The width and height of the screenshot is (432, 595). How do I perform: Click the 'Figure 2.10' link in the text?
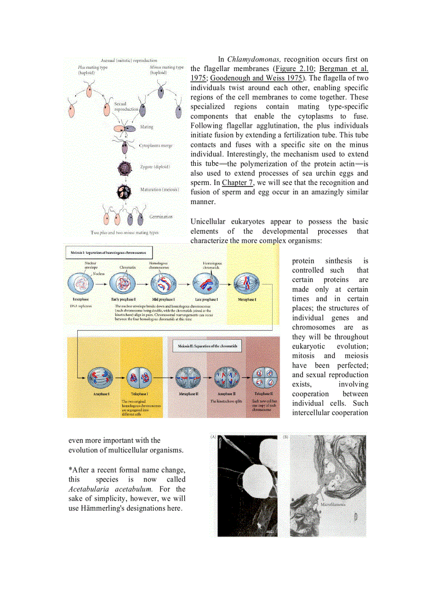[x=293, y=69]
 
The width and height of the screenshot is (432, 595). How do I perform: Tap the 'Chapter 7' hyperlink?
[x=234, y=183]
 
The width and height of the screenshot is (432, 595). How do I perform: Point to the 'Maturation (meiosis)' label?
[x=159, y=189]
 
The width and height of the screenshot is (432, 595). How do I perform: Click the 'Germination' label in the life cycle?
[x=160, y=217]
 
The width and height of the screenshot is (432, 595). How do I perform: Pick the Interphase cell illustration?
[x=80, y=285]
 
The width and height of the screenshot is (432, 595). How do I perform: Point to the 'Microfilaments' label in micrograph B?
[x=333, y=504]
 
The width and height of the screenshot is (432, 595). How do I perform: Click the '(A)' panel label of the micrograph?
[x=213, y=437]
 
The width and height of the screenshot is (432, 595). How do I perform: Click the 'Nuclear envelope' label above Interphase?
[x=89, y=265]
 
